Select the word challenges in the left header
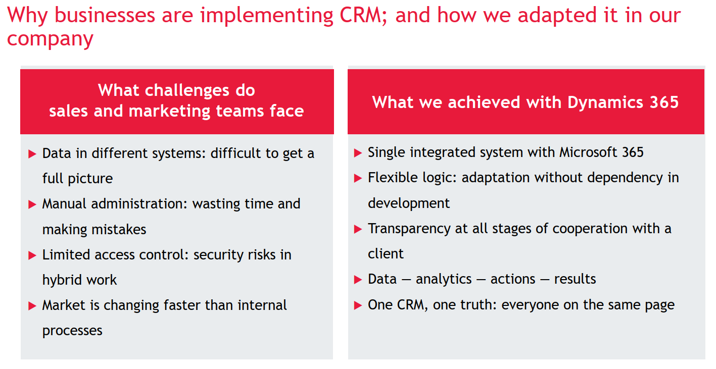click(187, 91)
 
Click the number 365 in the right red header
click(664, 102)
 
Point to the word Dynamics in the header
click(605, 103)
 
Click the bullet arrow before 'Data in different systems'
click(32, 154)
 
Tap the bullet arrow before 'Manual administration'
click(32, 204)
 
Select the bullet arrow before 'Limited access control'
click(32, 255)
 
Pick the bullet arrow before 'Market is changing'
click(32, 306)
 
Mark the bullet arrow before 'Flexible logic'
click(358, 178)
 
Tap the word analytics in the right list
click(444, 280)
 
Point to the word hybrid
click(62, 280)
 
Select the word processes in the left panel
click(72, 331)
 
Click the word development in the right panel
click(409, 203)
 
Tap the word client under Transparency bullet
click(386, 254)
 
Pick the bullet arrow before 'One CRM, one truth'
click(358, 305)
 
